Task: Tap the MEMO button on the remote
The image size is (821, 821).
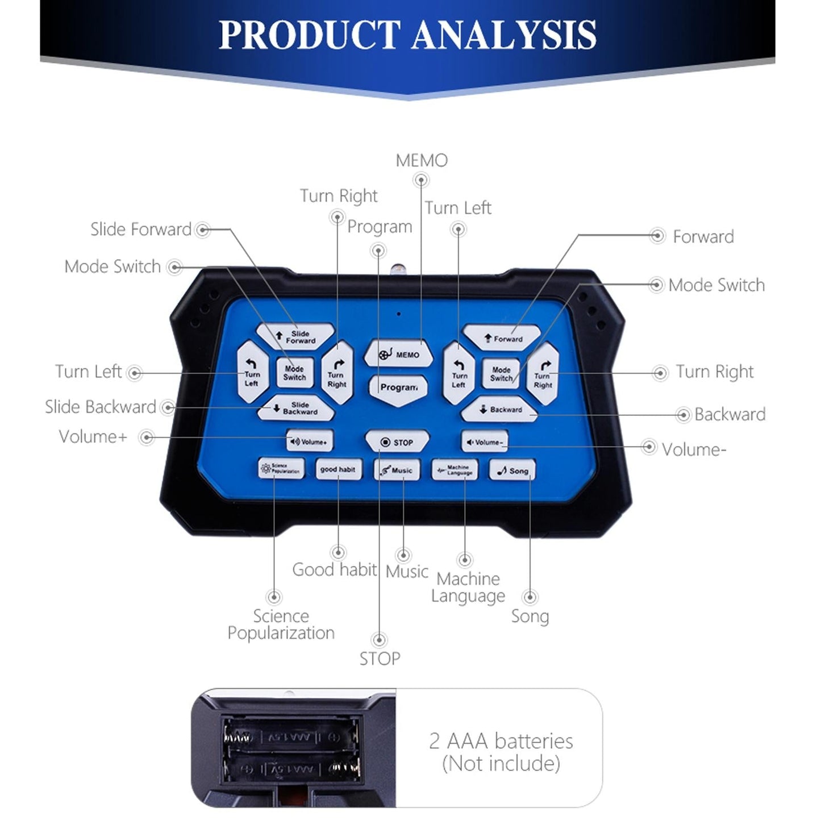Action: (x=399, y=354)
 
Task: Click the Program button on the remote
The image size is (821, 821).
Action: (x=398, y=387)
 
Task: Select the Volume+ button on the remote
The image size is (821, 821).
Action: (x=309, y=441)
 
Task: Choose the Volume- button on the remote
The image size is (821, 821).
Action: (x=485, y=442)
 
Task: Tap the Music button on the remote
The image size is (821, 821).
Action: (x=397, y=470)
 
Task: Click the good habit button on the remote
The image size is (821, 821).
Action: (x=338, y=470)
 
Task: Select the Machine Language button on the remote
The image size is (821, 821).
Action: (x=455, y=470)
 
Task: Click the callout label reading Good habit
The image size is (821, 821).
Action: (x=334, y=569)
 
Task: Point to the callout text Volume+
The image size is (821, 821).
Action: (x=93, y=437)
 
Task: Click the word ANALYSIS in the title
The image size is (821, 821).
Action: (x=505, y=35)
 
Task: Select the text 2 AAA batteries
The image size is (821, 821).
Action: (x=501, y=741)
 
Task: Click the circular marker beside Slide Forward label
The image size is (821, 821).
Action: (x=203, y=230)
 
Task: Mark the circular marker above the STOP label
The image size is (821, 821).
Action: (x=379, y=640)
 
